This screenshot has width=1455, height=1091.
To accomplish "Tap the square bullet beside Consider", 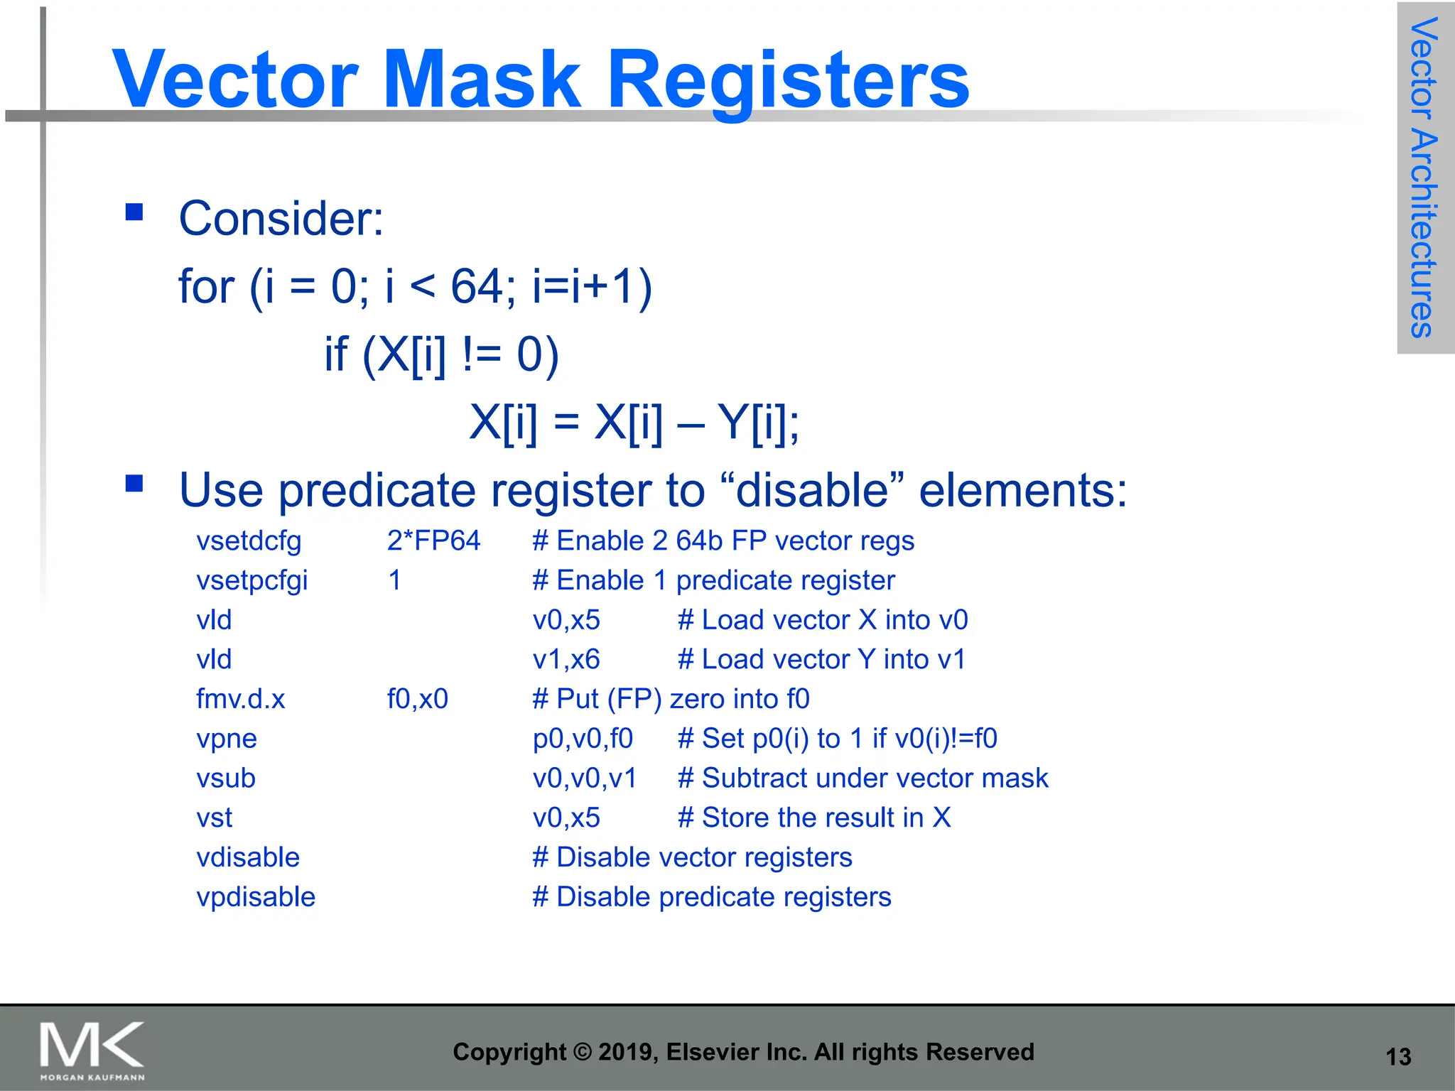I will [x=134, y=212].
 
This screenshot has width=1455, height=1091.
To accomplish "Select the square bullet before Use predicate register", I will [x=134, y=484].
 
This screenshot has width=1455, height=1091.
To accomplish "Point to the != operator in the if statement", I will [x=482, y=354].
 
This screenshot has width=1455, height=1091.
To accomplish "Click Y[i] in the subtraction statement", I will [x=757, y=423].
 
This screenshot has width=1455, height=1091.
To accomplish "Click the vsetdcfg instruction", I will [x=249, y=541].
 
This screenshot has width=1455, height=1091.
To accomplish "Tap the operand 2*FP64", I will [x=433, y=541].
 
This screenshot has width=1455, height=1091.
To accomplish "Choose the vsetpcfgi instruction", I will [x=252, y=581].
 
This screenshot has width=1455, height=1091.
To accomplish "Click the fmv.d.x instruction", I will [x=240, y=699].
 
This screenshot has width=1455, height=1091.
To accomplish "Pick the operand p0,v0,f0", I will [x=583, y=739].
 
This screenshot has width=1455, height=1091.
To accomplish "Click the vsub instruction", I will [x=226, y=778].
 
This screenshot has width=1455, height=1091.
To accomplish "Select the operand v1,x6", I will [x=566, y=659].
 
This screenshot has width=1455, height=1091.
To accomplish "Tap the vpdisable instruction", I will [x=256, y=897].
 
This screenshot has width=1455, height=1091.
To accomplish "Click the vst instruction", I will [x=214, y=818].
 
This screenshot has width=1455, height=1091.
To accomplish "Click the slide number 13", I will [x=1398, y=1057].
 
